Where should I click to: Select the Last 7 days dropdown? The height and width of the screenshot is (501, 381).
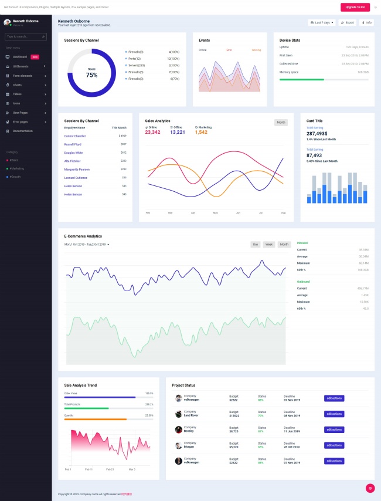click(322, 22)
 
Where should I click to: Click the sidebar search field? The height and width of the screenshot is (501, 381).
click(25, 36)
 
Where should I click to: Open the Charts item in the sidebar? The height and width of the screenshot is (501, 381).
click(18, 84)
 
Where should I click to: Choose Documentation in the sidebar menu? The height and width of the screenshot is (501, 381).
click(23, 131)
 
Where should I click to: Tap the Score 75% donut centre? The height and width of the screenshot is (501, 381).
click(91, 73)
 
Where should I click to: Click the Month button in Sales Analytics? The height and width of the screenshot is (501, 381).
click(281, 122)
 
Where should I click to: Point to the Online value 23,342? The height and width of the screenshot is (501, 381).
click(152, 132)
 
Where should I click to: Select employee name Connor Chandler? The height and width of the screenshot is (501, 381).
click(75, 136)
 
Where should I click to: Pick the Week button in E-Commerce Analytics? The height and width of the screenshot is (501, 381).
click(269, 244)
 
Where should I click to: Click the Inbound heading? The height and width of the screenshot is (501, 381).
click(302, 242)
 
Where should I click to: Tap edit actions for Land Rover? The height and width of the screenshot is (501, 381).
click(334, 414)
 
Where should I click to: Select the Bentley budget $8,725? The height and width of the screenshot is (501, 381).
click(234, 431)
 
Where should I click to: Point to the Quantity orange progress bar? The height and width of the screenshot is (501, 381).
click(95, 419)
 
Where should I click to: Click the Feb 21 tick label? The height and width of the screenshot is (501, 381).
click(110, 469)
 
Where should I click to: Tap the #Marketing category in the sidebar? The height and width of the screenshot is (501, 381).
click(16, 168)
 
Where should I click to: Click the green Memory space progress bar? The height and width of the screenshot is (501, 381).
click(302, 79)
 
